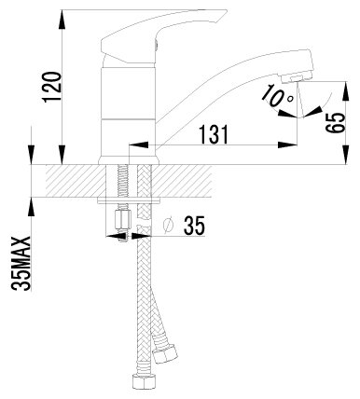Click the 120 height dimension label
(52, 87)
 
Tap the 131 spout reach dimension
(214, 134)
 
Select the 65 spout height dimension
(336, 123)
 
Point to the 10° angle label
(277, 97)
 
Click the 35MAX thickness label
(21, 264)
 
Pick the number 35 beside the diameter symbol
(195, 226)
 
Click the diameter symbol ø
(168, 225)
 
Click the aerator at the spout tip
(296, 77)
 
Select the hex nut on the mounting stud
(122, 219)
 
